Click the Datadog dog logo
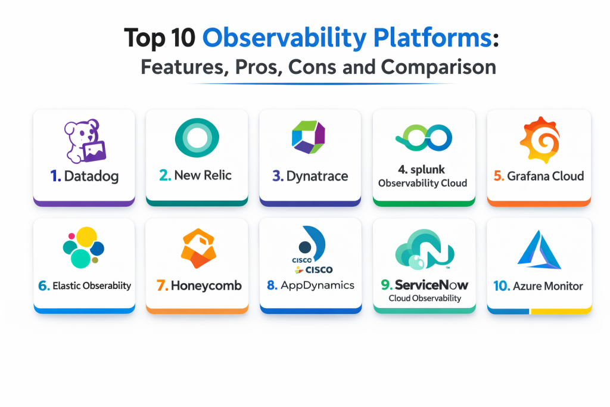tap(85, 141)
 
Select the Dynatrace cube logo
tap(309, 137)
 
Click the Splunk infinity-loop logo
tap(424, 138)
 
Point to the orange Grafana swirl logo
tap(540, 139)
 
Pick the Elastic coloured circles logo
tap(83, 247)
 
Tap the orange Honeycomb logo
tap(198, 248)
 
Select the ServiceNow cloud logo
tap(424, 250)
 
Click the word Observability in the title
tap(284, 38)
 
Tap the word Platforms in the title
tap(432, 38)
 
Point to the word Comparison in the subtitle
tap(438, 67)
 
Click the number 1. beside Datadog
tap(55, 176)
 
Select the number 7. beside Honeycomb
tap(162, 285)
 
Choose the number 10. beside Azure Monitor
tap(502, 286)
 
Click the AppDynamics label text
tap(318, 285)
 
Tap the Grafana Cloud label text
tap(546, 176)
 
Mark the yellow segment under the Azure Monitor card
tap(561, 311)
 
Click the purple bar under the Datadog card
tap(84, 203)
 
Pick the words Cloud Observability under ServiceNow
tap(425, 299)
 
